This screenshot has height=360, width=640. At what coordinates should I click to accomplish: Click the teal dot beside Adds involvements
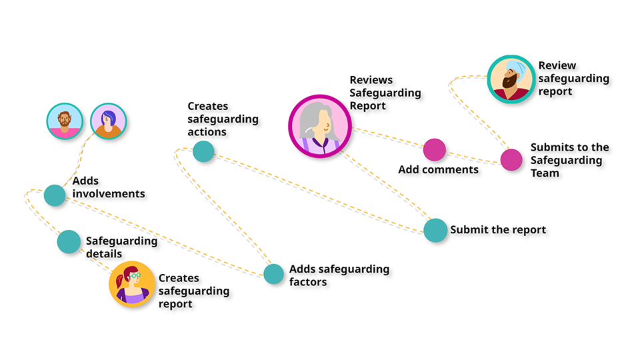click(x=55, y=195)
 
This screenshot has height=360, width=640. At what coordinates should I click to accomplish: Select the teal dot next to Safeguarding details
click(x=69, y=241)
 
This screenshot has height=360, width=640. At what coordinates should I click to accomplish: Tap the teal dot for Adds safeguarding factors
click(x=273, y=274)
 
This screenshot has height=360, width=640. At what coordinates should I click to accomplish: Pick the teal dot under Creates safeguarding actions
click(x=203, y=152)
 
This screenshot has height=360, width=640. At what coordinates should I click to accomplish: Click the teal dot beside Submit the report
click(x=435, y=230)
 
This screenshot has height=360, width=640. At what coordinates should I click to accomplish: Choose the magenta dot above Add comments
click(x=434, y=149)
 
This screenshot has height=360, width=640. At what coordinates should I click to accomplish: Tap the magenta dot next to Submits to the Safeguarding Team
click(x=511, y=160)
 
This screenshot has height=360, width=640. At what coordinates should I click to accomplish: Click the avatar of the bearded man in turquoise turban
click(x=511, y=79)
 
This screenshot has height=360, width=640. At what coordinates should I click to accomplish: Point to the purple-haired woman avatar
click(x=108, y=121)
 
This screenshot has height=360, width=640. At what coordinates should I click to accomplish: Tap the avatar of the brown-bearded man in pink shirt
click(x=65, y=121)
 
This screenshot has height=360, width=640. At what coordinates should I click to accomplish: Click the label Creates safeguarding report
click(x=193, y=291)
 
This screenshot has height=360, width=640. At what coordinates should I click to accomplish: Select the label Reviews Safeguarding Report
click(x=385, y=93)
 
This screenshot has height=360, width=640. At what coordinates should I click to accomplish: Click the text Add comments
click(x=438, y=169)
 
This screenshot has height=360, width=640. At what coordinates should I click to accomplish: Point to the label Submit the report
click(x=498, y=230)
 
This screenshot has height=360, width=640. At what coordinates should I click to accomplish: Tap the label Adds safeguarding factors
click(x=339, y=275)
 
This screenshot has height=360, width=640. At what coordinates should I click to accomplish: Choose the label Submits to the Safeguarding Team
click(x=569, y=160)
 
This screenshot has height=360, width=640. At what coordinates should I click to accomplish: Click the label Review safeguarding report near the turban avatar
click(x=573, y=78)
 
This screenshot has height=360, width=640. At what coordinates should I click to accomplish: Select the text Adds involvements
click(x=109, y=187)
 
